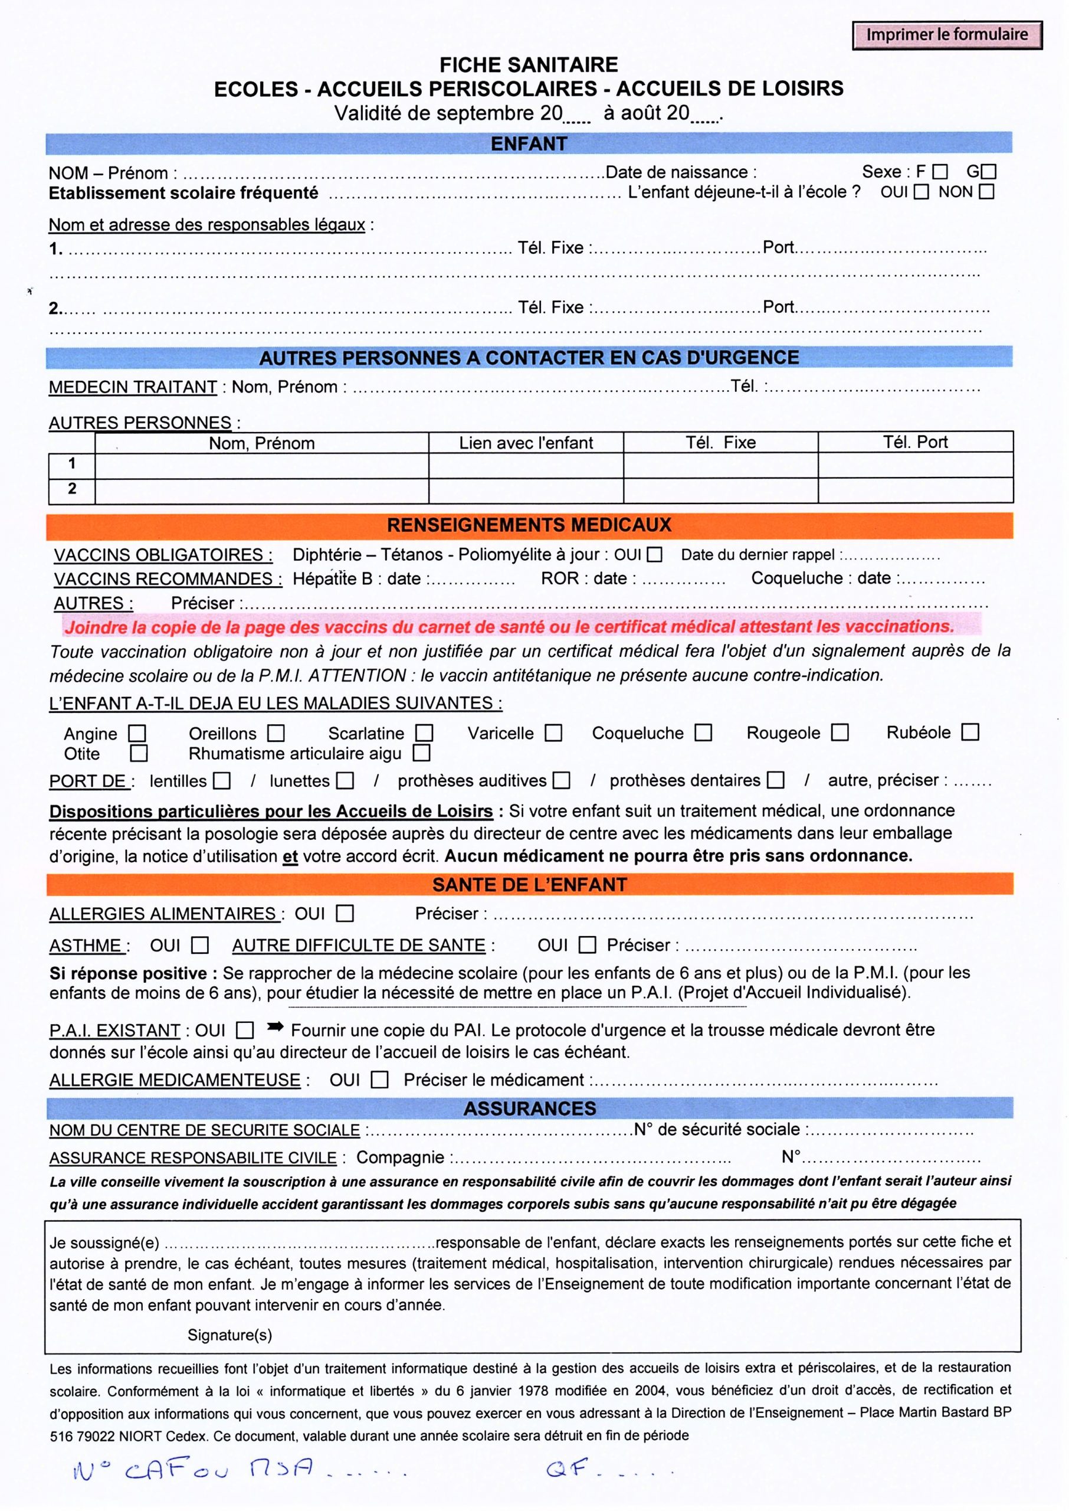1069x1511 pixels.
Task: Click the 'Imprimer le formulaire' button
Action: pos(946,35)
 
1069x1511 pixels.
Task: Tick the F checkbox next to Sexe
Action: pos(940,172)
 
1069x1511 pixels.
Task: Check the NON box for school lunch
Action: pos(986,192)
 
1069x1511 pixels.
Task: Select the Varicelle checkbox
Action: pos(553,733)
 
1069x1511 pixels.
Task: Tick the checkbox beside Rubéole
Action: pos(970,732)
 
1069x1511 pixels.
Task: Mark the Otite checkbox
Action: pos(139,753)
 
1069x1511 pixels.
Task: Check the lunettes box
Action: pos(345,781)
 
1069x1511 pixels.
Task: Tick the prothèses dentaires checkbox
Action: pos(777,780)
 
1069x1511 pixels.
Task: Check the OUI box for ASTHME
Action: pos(200,946)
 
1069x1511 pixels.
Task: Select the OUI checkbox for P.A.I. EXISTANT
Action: pos(245,1030)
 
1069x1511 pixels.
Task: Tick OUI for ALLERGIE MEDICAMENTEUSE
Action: pos(380,1080)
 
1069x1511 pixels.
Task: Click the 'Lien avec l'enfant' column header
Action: pos(526,443)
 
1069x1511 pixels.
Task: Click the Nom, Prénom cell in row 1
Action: pos(262,466)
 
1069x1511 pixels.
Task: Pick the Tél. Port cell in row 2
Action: pos(915,490)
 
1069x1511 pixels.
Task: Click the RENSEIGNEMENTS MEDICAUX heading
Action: pos(529,525)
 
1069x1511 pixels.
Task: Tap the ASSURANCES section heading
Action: pos(529,1108)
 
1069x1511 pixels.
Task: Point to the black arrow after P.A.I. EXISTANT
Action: pos(274,1027)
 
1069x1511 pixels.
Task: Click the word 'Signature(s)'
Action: pos(229,1335)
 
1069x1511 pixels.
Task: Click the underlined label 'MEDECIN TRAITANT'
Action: pos(133,387)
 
